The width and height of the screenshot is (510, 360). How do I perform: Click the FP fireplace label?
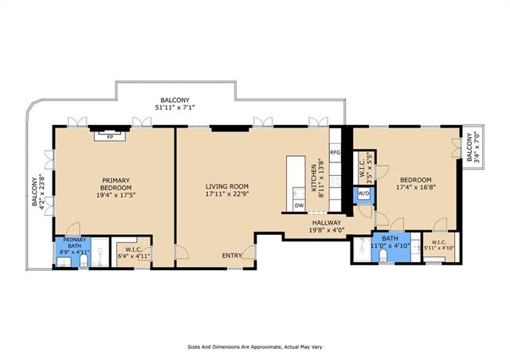click(110, 137)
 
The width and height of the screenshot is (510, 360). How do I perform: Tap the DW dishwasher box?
click(300, 205)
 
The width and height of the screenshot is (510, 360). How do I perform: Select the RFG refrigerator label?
click(335, 152)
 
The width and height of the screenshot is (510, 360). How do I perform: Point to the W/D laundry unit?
click(364, 194)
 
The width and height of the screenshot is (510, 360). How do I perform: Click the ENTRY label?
click(232, 256)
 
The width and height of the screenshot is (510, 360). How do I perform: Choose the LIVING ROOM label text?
click(227, 186)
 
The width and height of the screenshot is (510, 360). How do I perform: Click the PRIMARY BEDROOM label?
click(116, 184)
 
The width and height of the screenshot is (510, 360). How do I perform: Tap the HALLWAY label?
click(327, 223)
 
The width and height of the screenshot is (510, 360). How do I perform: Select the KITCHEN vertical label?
click(314, 178)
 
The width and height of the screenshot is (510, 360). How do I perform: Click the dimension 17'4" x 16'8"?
click(416, 187)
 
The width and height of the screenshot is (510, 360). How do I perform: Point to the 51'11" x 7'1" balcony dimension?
click(175, 107)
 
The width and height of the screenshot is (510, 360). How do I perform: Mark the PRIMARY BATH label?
click(74, 243)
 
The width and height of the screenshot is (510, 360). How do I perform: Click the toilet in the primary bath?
click(84, 260)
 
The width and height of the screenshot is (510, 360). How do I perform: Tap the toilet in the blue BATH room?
click(382, 256)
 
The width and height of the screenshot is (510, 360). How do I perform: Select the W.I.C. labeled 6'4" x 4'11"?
click(134, 252)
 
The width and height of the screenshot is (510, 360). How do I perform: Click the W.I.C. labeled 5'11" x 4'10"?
click(439, 245)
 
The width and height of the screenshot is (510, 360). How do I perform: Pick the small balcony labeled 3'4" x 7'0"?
click(473, 147)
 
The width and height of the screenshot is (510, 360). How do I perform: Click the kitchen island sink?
click(296, 194)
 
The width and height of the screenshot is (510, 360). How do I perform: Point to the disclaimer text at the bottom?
click(255, 347)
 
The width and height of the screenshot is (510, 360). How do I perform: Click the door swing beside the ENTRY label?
click(248, 252)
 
